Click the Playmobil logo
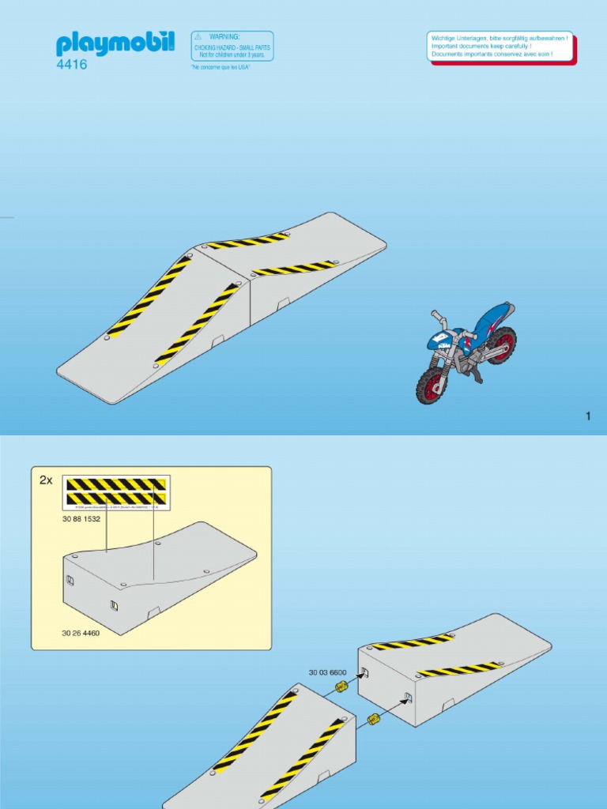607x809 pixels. (x=115, y=43)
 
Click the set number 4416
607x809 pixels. (x=72, y=66)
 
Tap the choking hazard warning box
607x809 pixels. (x=232, y=46)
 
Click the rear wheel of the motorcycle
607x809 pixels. (x=500, y=345)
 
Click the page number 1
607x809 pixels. (x=588, y=416)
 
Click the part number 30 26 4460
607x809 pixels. (x=81, y=634)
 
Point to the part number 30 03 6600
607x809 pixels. (x=327, y=673)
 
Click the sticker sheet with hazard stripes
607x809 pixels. (x=116, y=491)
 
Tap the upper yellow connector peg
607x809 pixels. (x=341, y=687)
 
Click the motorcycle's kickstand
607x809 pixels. (x=479, y=378)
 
